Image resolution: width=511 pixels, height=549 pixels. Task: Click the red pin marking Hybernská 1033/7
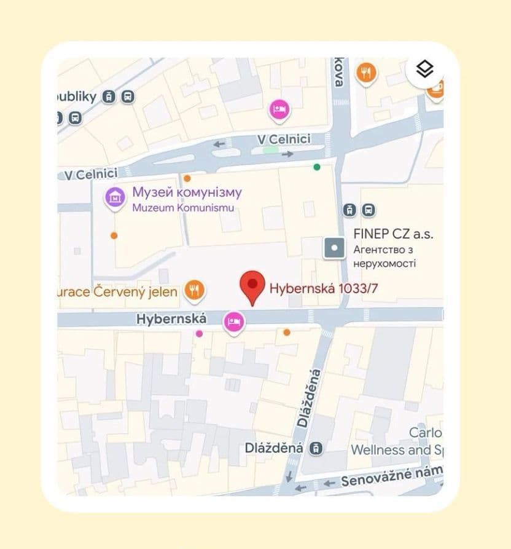point(251,285)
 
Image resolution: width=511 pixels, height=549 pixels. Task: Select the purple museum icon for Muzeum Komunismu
point(115,197)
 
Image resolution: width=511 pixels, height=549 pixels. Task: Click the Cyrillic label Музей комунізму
point(187,193)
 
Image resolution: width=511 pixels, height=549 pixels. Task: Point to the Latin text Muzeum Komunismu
point(183,208)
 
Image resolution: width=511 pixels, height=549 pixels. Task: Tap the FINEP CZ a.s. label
point(393,234)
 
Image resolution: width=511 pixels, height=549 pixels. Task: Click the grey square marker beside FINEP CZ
point(335,248)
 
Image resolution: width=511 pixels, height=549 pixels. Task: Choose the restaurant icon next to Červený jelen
point(194,290)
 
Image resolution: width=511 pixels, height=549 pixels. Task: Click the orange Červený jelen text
point(117,291)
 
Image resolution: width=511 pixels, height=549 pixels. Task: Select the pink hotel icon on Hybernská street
point(233,320)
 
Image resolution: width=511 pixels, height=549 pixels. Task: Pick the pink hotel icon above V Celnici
point(279,110)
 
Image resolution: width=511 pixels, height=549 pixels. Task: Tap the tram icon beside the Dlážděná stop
point(316,448)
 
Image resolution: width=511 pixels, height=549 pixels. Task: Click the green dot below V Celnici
point(317,167)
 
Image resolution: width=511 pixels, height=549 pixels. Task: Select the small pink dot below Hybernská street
point(199,333)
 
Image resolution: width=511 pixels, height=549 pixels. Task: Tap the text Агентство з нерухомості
point(384,256)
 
